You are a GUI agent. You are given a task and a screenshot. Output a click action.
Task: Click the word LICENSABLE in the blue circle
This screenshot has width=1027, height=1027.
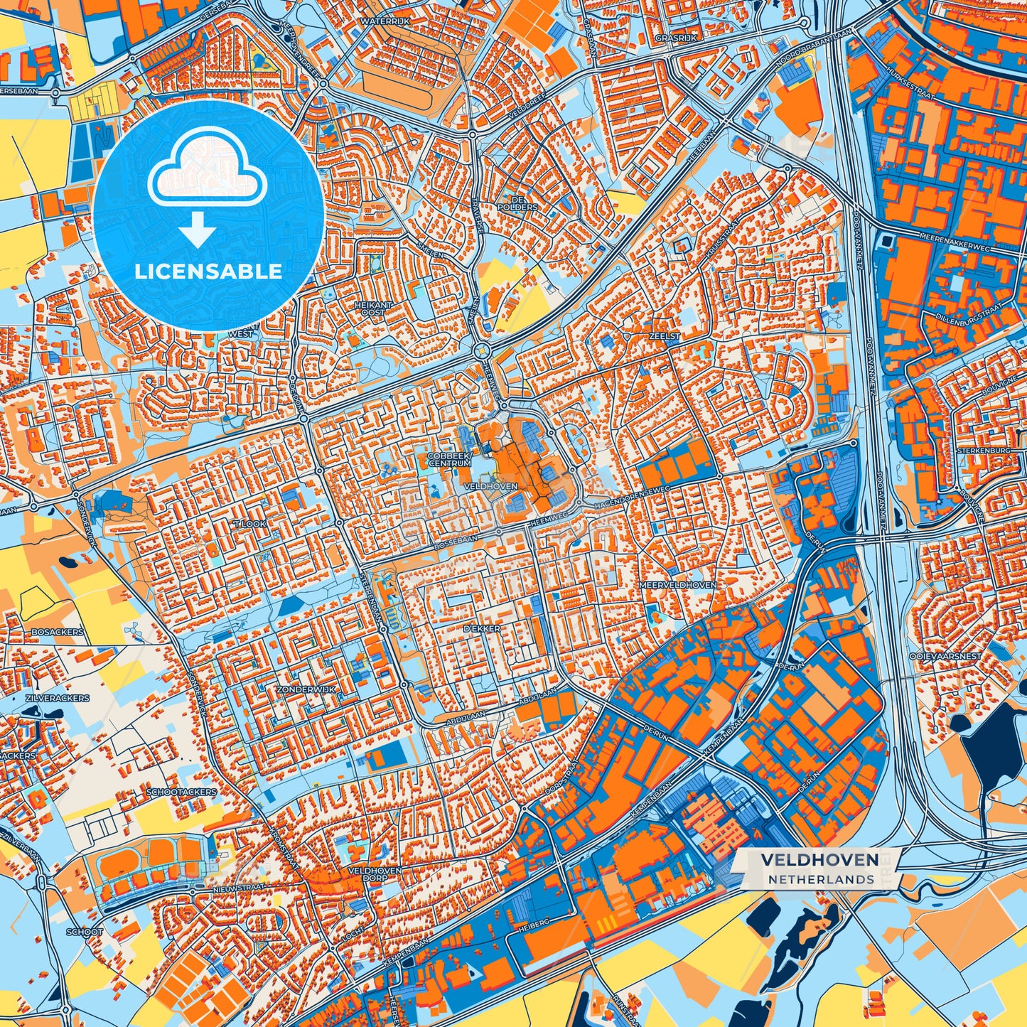tap(209, 271)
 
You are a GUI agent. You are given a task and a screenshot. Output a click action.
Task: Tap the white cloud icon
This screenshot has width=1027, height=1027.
tap(207, 173)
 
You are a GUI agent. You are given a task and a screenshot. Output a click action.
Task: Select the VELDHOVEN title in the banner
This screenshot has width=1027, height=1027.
tap(819, 860)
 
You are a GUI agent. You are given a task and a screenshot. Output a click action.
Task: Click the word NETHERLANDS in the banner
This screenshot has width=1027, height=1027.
tap(821, 879)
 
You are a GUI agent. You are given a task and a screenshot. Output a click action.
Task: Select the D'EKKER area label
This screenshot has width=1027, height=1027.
tap(482, 629)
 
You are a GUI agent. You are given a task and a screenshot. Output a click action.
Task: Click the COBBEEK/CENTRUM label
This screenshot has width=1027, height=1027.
tap(449, 459)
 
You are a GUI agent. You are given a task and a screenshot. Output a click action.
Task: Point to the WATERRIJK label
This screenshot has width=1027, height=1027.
tap(385, 22)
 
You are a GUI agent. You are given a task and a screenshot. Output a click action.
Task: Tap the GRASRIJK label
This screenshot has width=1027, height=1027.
tap(676, 38)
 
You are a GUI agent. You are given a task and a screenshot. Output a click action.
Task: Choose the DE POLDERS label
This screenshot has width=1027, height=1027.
tap(524, 203)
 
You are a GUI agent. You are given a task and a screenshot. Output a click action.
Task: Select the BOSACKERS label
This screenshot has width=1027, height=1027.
tap(57, 632)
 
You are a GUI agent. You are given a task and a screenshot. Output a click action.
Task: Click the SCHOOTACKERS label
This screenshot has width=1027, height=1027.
tap(181, 791)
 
